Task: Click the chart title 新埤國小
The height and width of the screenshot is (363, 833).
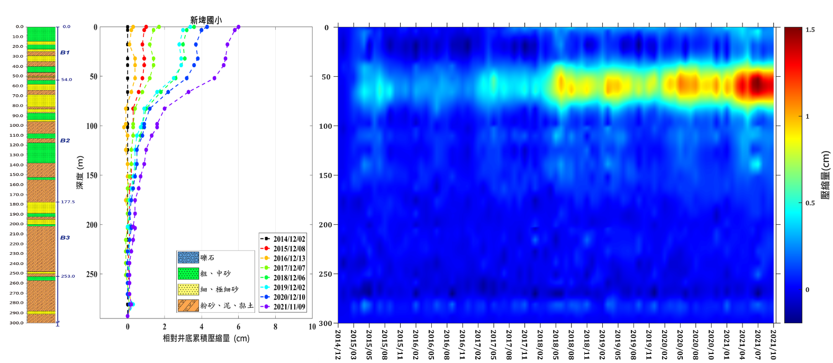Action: [x=206, y=20]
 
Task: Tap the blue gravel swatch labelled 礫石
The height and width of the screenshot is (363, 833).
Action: [x=188, y=258]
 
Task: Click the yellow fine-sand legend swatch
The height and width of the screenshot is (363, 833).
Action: [x=188, y=289]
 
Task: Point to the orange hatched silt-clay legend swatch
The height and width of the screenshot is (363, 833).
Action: [x=188, y=305]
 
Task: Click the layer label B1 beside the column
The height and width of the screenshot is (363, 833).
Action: [x=65, y=52]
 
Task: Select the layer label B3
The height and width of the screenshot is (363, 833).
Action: [x=65, y=237]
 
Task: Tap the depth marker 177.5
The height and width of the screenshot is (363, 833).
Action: [x=68, y=202]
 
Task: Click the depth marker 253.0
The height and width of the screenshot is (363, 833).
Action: [x=68, y=276]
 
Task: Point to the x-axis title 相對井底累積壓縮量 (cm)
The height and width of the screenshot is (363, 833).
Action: [x=206, y=338]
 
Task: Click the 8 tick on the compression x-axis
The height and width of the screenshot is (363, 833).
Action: [x=275, y=327]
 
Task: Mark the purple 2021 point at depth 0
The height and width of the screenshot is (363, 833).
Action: [x=239, y=27]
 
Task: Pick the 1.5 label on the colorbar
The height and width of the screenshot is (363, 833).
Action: [x=810, y=30]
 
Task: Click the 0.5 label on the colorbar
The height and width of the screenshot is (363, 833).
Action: [x=810, y=203]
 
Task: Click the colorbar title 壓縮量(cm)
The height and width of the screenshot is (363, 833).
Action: [x=825, y=175]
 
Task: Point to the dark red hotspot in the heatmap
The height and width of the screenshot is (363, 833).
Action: [x=757, y=84]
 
